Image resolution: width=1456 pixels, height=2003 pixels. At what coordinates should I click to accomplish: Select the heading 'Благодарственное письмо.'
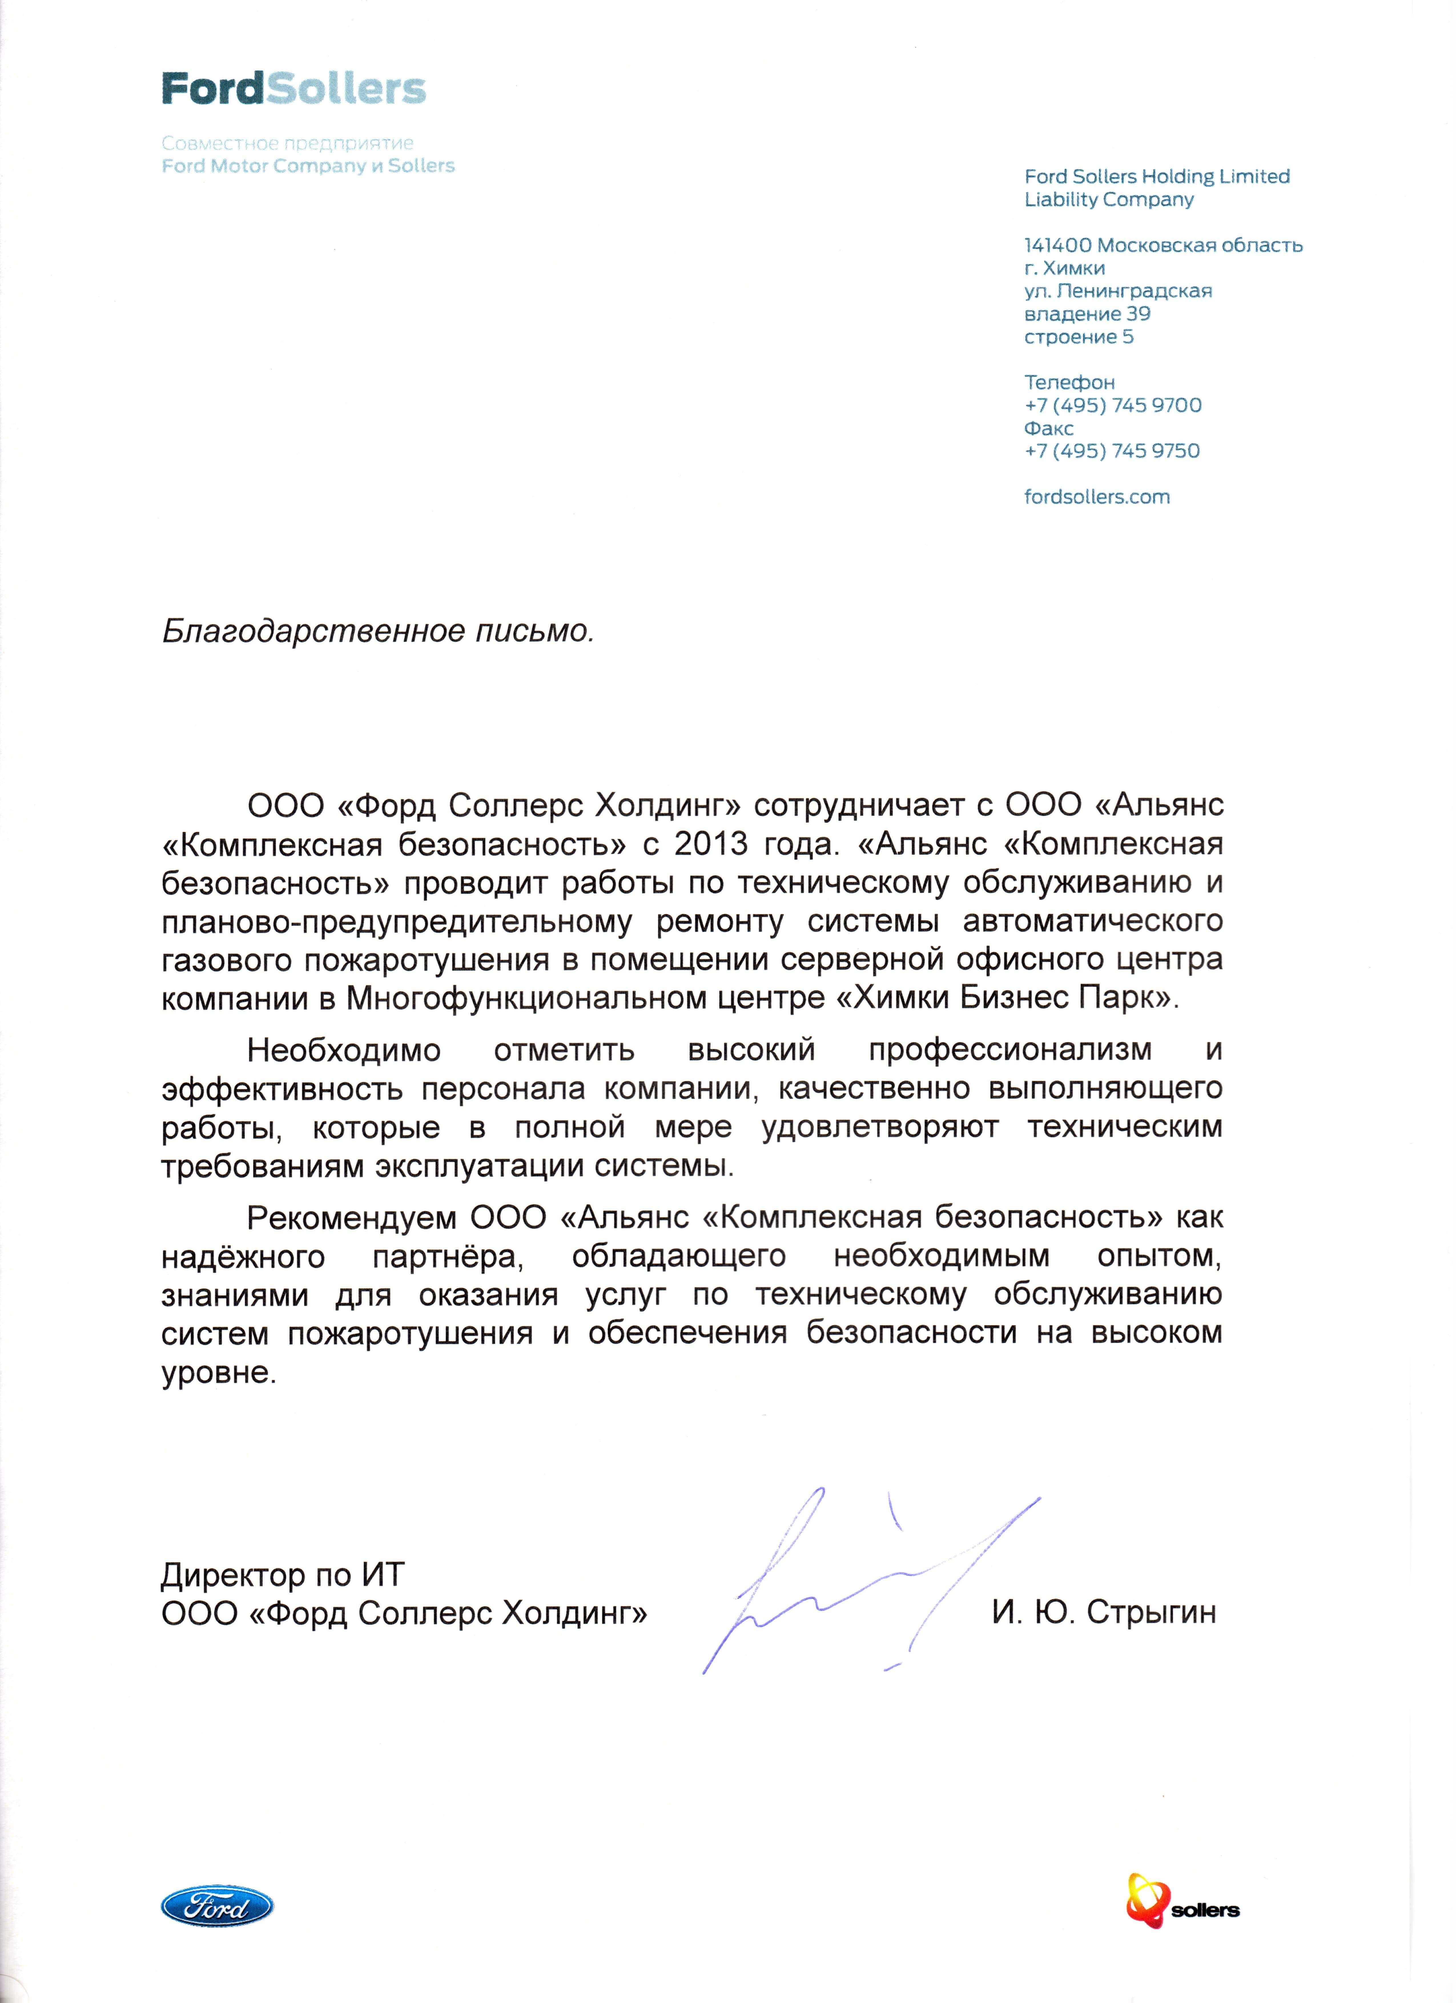click(x=378, y=631)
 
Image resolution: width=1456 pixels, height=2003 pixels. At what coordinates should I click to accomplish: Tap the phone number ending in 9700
click(x=1113, y=406)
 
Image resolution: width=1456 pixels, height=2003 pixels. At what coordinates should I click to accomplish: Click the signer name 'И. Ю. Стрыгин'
click(x=1104, y=1613)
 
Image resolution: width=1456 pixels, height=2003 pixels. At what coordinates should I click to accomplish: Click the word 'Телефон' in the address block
click(x=1069, y=382)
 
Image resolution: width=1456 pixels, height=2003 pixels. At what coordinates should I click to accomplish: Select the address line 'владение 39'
click(x=1087, y=314)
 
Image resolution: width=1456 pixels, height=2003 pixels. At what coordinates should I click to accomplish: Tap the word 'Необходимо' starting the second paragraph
click(x=343, y=1050)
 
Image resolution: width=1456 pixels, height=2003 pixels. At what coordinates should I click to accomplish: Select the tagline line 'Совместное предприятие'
click(x=288, y=143)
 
